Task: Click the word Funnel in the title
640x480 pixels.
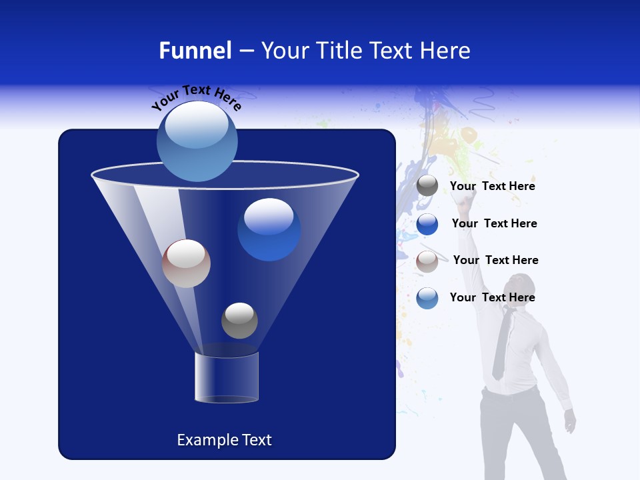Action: pos(195,51)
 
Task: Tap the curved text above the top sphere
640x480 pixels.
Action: pos(196,97)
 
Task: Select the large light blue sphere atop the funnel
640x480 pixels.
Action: pos(197,141)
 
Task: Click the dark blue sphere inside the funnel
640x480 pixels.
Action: pos(269,229)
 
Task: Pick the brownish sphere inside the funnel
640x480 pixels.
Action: pos(186,263)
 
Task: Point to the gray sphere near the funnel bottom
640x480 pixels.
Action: pos(239,320)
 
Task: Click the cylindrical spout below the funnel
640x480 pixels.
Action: pos(227,377)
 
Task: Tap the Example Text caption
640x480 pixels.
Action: pos(225,440)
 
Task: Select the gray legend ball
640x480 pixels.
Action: pos(427,186)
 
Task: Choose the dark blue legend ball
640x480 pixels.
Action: pos(427,224)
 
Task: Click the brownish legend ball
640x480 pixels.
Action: pos(427,261)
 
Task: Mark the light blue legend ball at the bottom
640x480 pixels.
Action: pos(427,298)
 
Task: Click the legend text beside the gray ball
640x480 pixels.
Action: pos(492,187)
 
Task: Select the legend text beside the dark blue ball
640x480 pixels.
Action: pos(494,224)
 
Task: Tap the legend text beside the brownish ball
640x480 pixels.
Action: pos(495,261)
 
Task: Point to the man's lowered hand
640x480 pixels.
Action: pos(569,421)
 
